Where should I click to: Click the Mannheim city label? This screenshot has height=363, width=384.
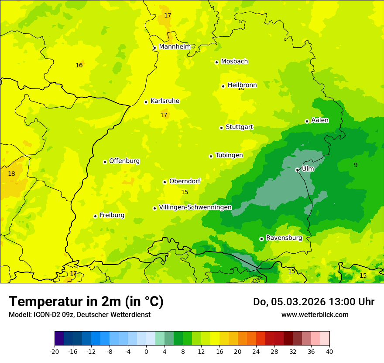pyautogui.click(x=175, y=47)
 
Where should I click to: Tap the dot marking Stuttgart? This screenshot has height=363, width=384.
pyautogui.click(x=221, y=128)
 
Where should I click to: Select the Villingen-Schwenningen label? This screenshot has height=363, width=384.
pyautogui.click(x=195, y=207)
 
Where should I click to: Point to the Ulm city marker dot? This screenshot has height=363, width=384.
pyautogui.click(x=297, y=170)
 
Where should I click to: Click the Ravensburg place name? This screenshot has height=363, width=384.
pyautogui.click(x=284, y=238)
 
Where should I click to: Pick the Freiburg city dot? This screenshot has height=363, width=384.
pyautogui.click(x=95, y=216)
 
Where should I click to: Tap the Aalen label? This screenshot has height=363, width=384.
pyautogui.click(x=320, y=120)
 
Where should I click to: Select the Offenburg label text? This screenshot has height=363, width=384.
pyautogui.click(x=124, y=161)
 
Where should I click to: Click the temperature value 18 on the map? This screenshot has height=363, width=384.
pyautogui.click(x=11, y=174)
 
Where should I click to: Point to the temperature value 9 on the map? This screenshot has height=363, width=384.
pyautogui.click(x=356, y=165)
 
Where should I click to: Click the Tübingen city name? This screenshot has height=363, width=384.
pyautogui.click(x=229, y=155)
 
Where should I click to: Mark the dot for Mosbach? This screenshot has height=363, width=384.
pyautogui.click(x=216, y=62)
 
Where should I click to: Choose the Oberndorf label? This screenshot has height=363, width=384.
pyautogui.click(x=185, y=181)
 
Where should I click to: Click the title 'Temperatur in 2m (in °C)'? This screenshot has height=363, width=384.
pyautogui.click(x=86, y=302)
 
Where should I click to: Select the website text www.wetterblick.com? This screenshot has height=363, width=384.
pyautogui.click(x=315, y=314)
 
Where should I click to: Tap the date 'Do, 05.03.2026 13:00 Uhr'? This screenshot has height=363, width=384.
pyautogui.click(x=314, y=302)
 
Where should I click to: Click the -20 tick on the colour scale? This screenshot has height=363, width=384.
pyautogui.click(x=55, y=351)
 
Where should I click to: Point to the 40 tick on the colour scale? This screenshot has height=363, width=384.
pyautogui.click(x=329, y=351)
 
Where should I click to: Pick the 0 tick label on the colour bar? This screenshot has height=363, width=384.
pyautogui.click(x=146, y=351)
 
